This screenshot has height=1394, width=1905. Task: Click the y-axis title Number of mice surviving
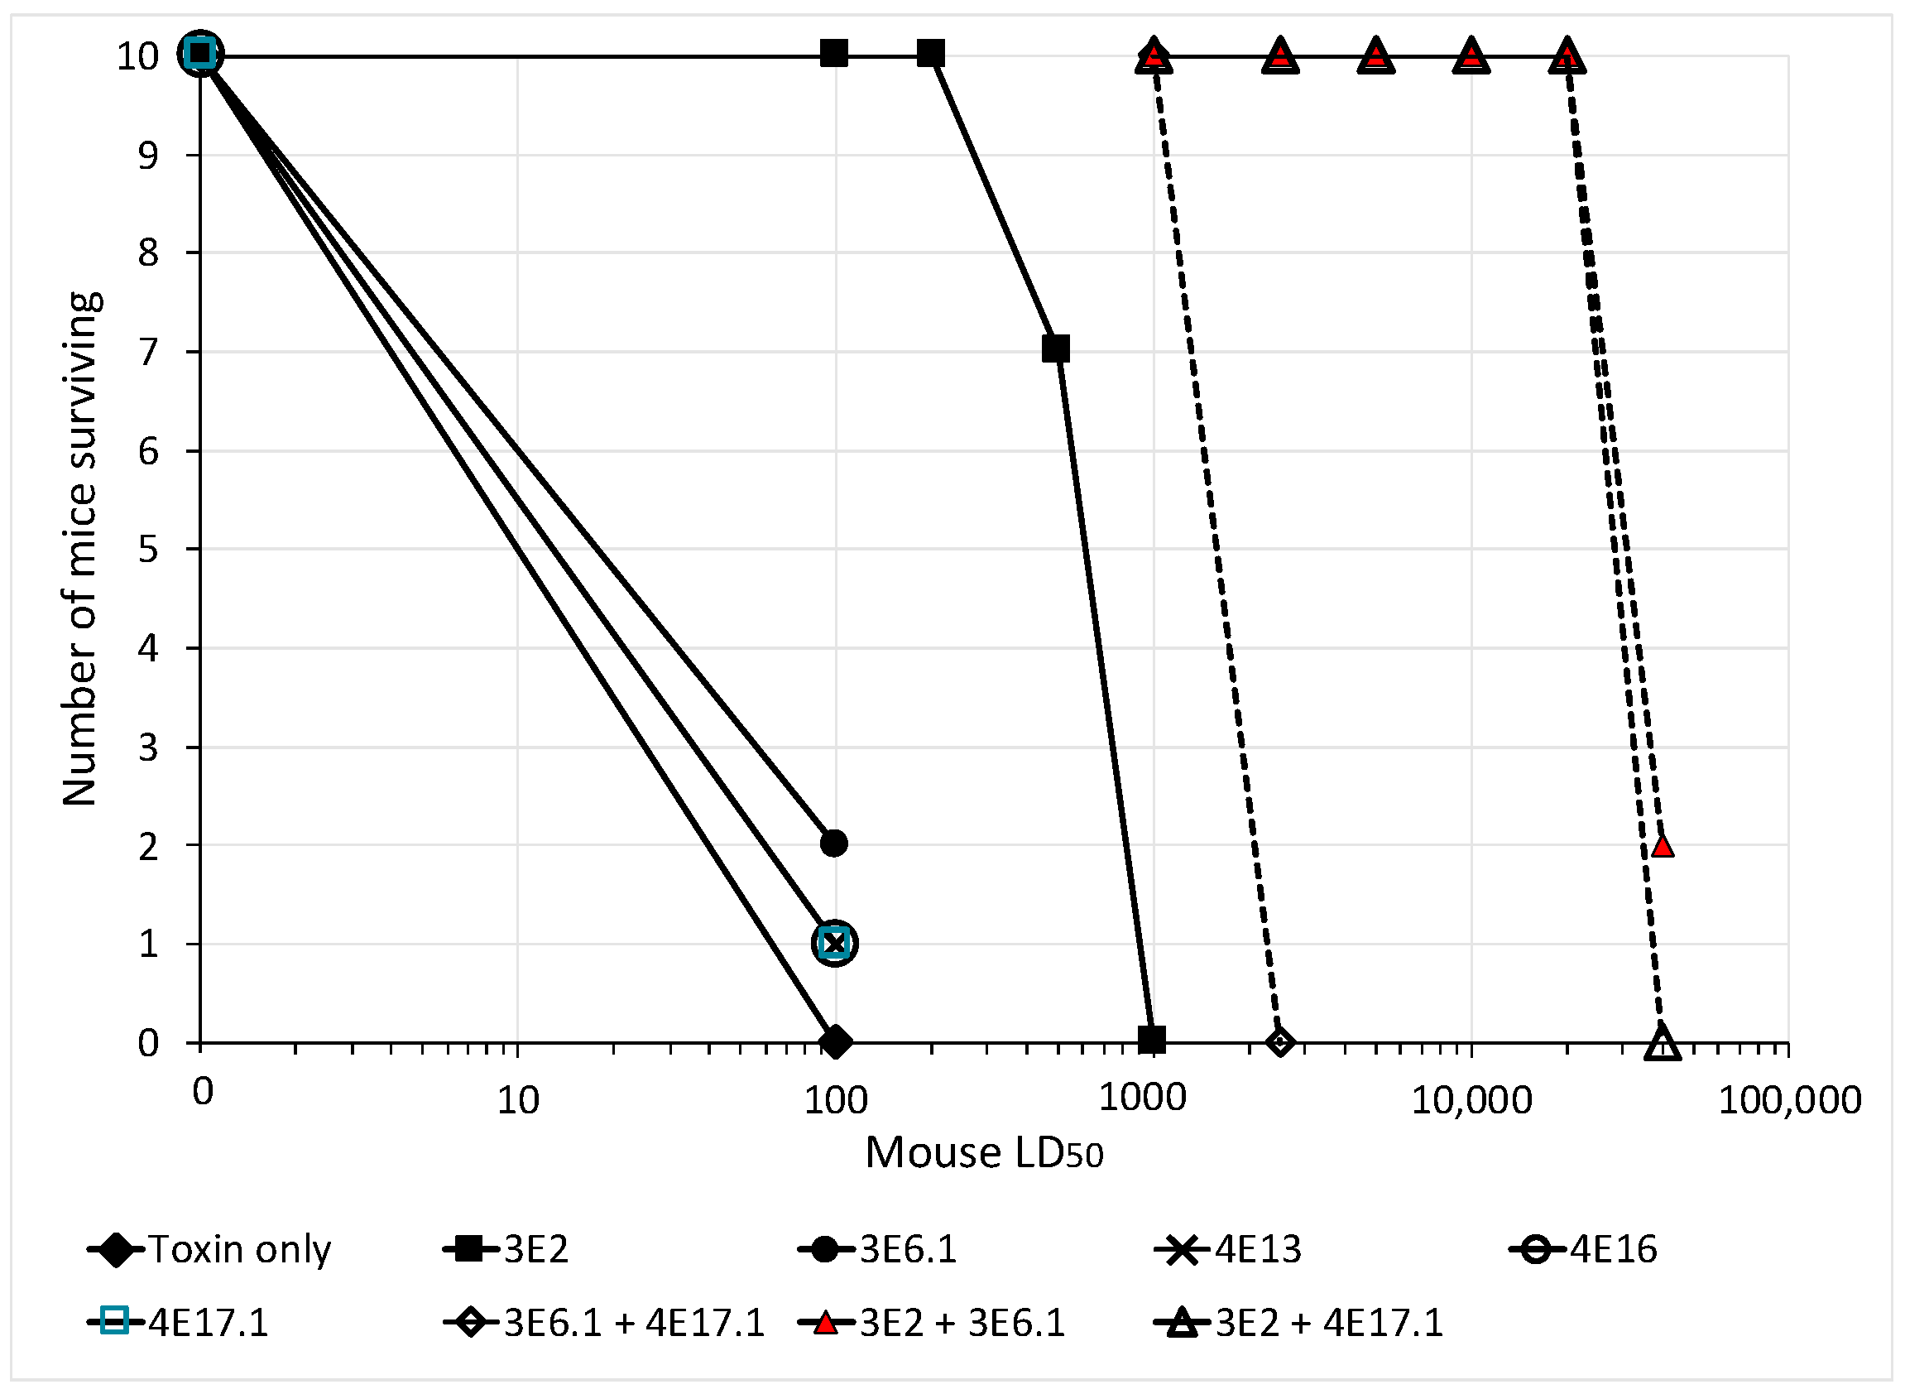(x=81, y=549)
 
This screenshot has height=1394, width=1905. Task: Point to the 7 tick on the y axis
(x=148, y=352)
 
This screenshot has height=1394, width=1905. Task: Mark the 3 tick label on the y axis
(x=148, y=747)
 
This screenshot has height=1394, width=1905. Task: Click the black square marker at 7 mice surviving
(x=1055, y=348)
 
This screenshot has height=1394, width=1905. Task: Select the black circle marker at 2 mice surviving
(x=833, y=843)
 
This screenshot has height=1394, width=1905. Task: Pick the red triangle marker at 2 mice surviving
(x=1662, y=845)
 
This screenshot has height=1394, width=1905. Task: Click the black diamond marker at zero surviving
(x=835, y=1042)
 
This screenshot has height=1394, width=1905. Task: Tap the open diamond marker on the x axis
(x=1280, y=1043)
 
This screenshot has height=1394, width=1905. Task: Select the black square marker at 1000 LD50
(x=1152, y=1041)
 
